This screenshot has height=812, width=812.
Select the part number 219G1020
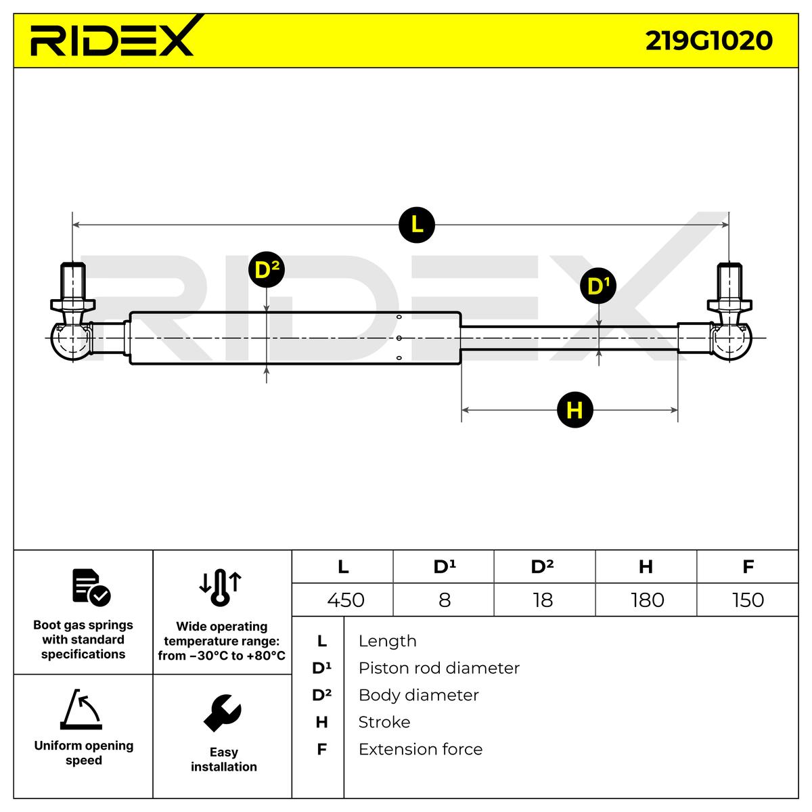click(708, 41)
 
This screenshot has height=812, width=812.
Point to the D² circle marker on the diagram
click(267, 270)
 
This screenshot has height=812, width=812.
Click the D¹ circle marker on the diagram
click(598, 286)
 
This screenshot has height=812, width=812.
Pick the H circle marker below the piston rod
click(574, 409)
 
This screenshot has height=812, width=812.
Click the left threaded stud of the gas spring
click(72, 282)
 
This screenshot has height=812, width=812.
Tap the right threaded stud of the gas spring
click(729, 282)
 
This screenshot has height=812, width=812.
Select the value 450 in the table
click(345, 600)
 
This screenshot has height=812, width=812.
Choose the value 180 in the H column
click(647, 600)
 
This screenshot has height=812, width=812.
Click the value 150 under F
click(748, 600)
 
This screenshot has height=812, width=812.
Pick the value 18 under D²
click(543, 600)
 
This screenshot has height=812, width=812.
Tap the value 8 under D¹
click(445, 600)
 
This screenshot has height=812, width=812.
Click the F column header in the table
click(748, 566)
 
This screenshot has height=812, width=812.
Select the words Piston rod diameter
click(438, 668)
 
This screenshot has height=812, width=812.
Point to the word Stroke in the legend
click(384, 722)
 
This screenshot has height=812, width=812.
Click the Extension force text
click(420, 749)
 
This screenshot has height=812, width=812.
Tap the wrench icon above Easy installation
click(223, 713)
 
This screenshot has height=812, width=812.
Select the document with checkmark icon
click(91, 587)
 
